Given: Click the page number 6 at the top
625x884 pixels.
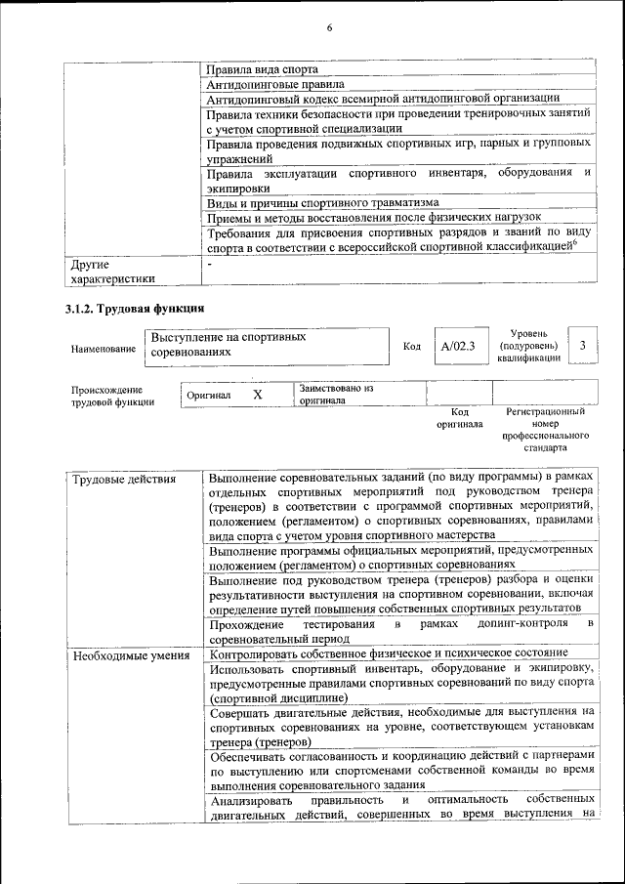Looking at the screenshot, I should point(329,27).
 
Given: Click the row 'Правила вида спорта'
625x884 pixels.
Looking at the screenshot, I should point(262,69).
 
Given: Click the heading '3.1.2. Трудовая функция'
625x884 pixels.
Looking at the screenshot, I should point(127,309).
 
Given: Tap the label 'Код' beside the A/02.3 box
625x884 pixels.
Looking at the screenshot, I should point(411,347).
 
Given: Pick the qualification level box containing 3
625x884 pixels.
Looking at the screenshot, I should point(583,345).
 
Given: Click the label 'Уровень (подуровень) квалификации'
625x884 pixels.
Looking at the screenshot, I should point(528,346).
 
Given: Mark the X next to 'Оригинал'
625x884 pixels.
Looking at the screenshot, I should point(258,395).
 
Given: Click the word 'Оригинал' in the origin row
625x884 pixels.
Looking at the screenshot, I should point(208,395).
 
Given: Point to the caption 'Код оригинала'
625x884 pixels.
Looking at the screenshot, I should point(459,418).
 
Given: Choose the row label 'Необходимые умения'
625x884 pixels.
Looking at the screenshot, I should point(131,654).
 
